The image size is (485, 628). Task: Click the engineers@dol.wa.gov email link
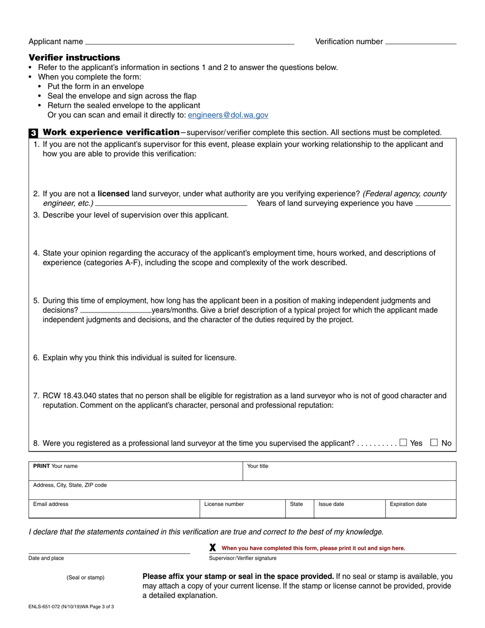pyautogui.click(x=228, y=115)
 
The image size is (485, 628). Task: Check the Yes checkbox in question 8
pyautogui.click(x=403, y=443)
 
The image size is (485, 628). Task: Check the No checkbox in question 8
pyautogui.click(x=434, y=443)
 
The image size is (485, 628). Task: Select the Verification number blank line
pyautogui.click(x=421, y=42)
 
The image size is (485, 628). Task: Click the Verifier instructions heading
pyautogui.click(x=74, y=58)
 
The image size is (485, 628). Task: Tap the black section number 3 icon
pyautogui.click(x=33, y=133)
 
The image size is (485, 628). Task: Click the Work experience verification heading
pyautogui.click(x=111, y=133)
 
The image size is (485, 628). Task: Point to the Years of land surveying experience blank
pyautogui.click(x=433, y=204)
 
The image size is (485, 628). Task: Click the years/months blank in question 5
pyautogui.click(x=115, y=310)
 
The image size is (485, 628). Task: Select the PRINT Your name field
pyautogui.click(x=135, y=471)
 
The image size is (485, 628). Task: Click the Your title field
pyautogui.click(x=349, y=471)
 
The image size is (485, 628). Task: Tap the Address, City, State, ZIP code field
pyautogui.click(x=243, y=490)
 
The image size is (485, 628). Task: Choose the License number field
pyautogui.click(x=242, y=509)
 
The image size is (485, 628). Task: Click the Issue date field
pyautogui.click(x=349, y=509)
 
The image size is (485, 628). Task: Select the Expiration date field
pyautogui.click(x=420, y=509)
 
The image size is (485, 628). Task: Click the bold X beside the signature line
pyautogui.click(x=213, y=547)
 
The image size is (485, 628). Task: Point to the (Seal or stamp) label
pyautogui.click(x=85, y=577)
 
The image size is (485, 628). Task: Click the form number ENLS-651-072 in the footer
pyautogui.click(x=50, y=608)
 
